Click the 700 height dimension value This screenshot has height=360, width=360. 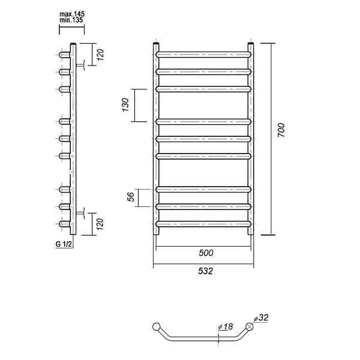281,130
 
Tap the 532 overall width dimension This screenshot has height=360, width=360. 205,271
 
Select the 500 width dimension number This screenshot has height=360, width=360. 206,253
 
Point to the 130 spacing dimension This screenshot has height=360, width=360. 125,104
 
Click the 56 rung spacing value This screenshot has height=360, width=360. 131,197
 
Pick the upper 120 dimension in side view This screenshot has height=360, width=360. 100,55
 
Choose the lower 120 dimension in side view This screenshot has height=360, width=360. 100,224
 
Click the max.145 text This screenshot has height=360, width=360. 72,14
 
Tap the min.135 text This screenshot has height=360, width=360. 71,20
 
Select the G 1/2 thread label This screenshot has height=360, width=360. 64,244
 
